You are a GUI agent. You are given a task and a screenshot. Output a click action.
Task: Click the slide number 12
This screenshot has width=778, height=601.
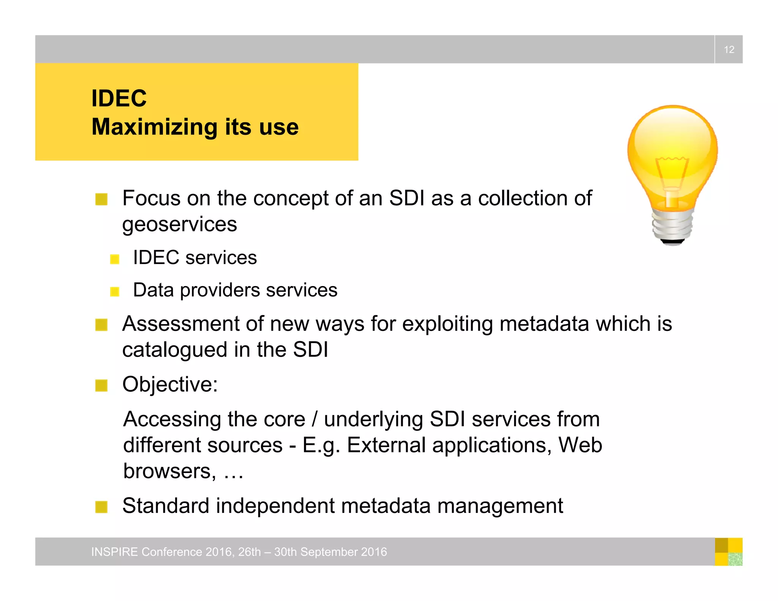729,49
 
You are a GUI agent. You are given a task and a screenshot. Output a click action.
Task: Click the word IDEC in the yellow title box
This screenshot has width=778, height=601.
119,98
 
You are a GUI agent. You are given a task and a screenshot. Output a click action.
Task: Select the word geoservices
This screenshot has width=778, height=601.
179,224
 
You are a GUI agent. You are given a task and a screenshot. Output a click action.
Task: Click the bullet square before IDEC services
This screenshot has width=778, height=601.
115,259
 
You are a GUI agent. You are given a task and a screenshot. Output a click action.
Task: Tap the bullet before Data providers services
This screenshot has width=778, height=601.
115,291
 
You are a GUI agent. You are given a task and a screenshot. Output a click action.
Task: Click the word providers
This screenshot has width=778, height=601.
220,291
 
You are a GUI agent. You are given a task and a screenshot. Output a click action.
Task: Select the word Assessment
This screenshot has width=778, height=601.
180,324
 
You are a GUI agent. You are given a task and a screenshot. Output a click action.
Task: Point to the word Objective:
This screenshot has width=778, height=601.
170,384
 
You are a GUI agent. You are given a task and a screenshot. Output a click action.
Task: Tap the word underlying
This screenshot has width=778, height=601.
373,420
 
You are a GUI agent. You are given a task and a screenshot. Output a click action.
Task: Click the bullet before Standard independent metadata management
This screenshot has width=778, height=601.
101,507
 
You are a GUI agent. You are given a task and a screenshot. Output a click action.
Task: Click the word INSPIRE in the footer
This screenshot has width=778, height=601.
114,552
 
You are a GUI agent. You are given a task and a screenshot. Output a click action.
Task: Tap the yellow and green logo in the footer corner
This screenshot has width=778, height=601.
728,552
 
